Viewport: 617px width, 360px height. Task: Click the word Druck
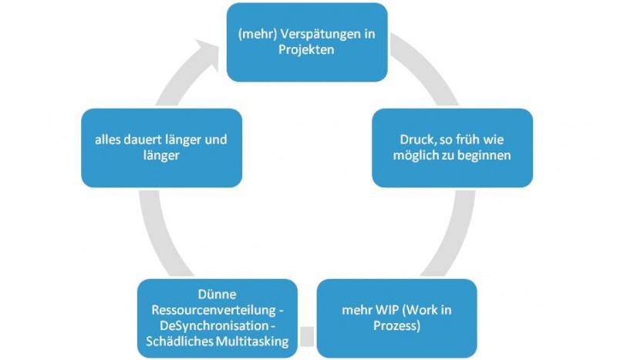point(416,140)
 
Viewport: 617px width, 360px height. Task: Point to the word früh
point(472,140)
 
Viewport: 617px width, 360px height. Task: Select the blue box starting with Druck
point(452,147)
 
